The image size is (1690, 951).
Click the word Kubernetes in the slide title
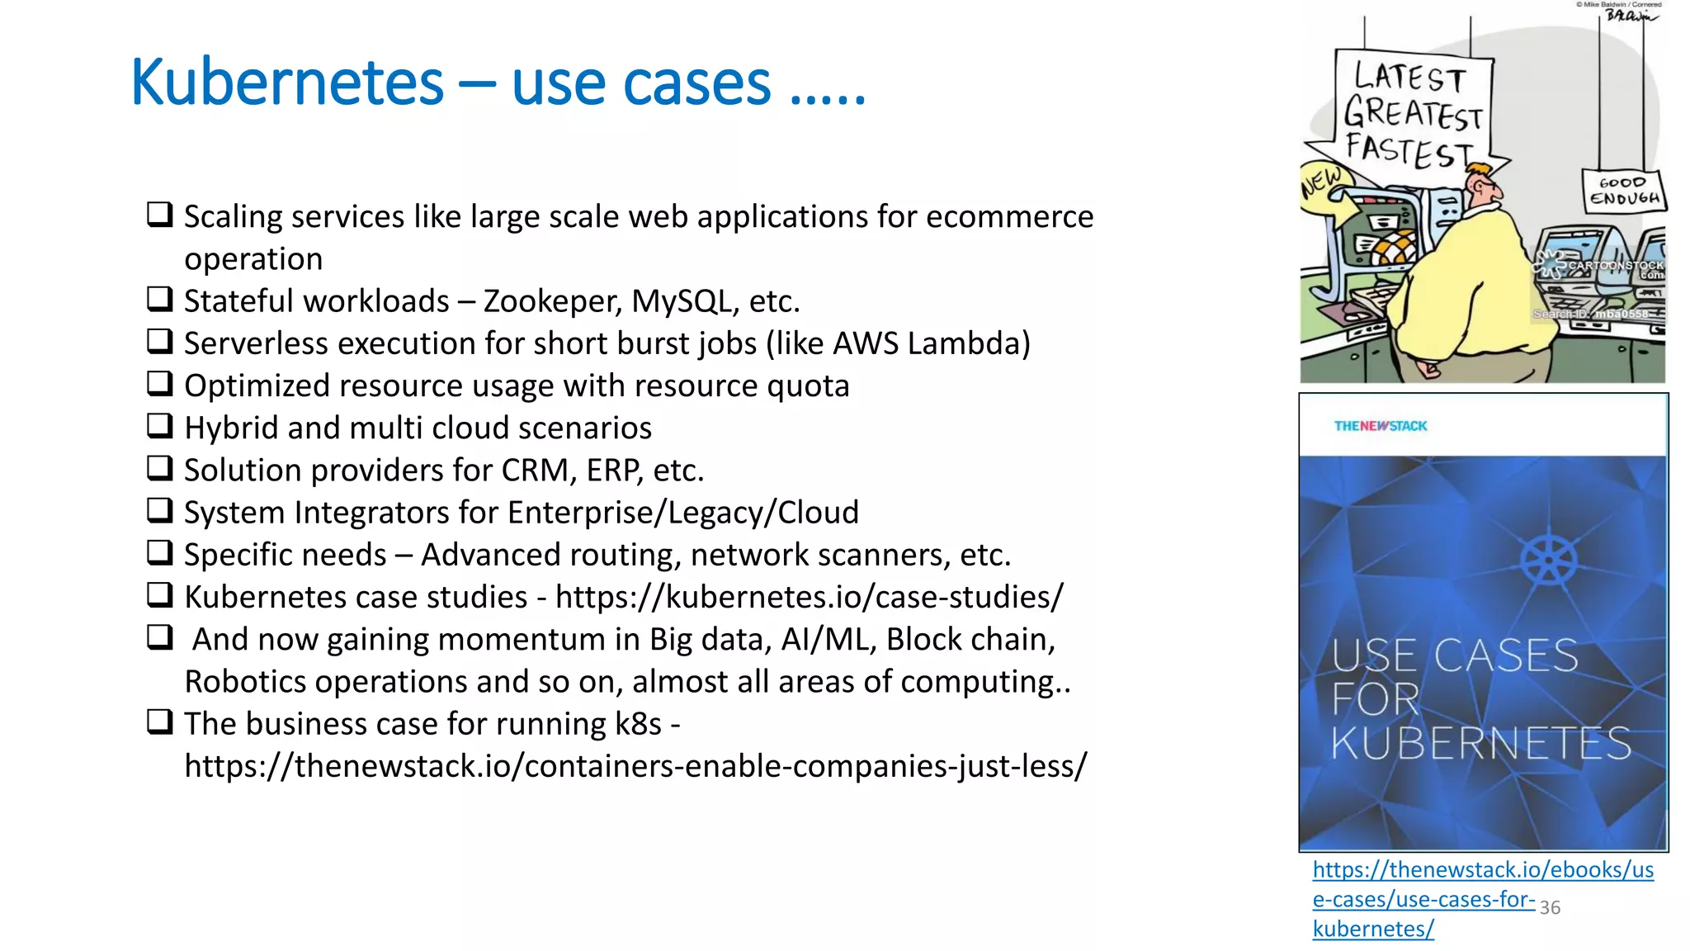tap(287, 83)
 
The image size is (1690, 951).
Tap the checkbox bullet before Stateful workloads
tap(159, 299)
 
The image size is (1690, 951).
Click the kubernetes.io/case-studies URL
tap(809, 597)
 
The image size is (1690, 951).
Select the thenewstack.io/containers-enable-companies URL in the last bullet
tap(635, 766)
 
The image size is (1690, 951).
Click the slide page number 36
tap(1550, 907)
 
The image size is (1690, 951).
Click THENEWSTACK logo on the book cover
tap(1380, 426)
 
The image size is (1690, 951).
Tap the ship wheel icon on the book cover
tap(1548, 560)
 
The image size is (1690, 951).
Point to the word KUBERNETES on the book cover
tap(1481, 744)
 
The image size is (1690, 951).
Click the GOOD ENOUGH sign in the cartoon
tap(1624, 191)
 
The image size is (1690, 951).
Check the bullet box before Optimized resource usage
tap(159, 384)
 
